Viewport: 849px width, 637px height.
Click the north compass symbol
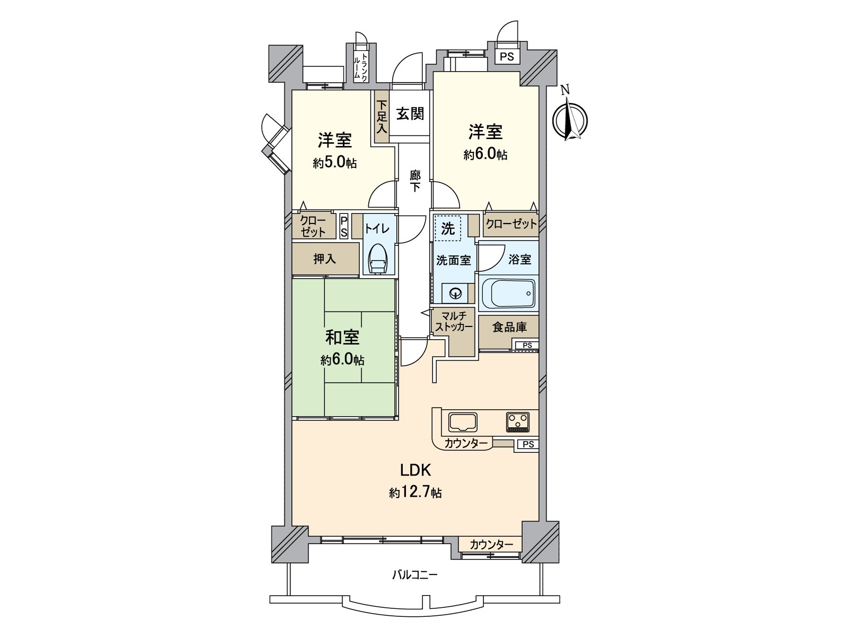(x=570, y=120)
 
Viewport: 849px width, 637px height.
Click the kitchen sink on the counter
(x=463, y=423)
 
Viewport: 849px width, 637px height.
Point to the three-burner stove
(x=517, y=423)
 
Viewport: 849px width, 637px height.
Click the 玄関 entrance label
(x=410, y=113)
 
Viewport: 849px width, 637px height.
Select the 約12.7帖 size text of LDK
(x=415, y=493)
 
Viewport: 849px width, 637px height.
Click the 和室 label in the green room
(x=342, y=337)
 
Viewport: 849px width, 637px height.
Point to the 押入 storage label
(x=324, y=259)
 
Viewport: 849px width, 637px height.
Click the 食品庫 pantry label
(x=509, y=328)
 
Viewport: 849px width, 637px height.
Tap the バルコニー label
(x=415, y=575)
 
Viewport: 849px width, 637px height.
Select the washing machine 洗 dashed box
(x=448, y=229)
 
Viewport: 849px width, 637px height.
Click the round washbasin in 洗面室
(x=455, y=292)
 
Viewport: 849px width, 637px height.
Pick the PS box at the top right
(x=507, y=56)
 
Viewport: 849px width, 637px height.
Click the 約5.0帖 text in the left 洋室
(x=334, y=163)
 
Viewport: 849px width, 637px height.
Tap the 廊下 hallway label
(x=415, y=180)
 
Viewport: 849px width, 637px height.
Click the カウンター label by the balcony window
(x=491, y=545)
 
